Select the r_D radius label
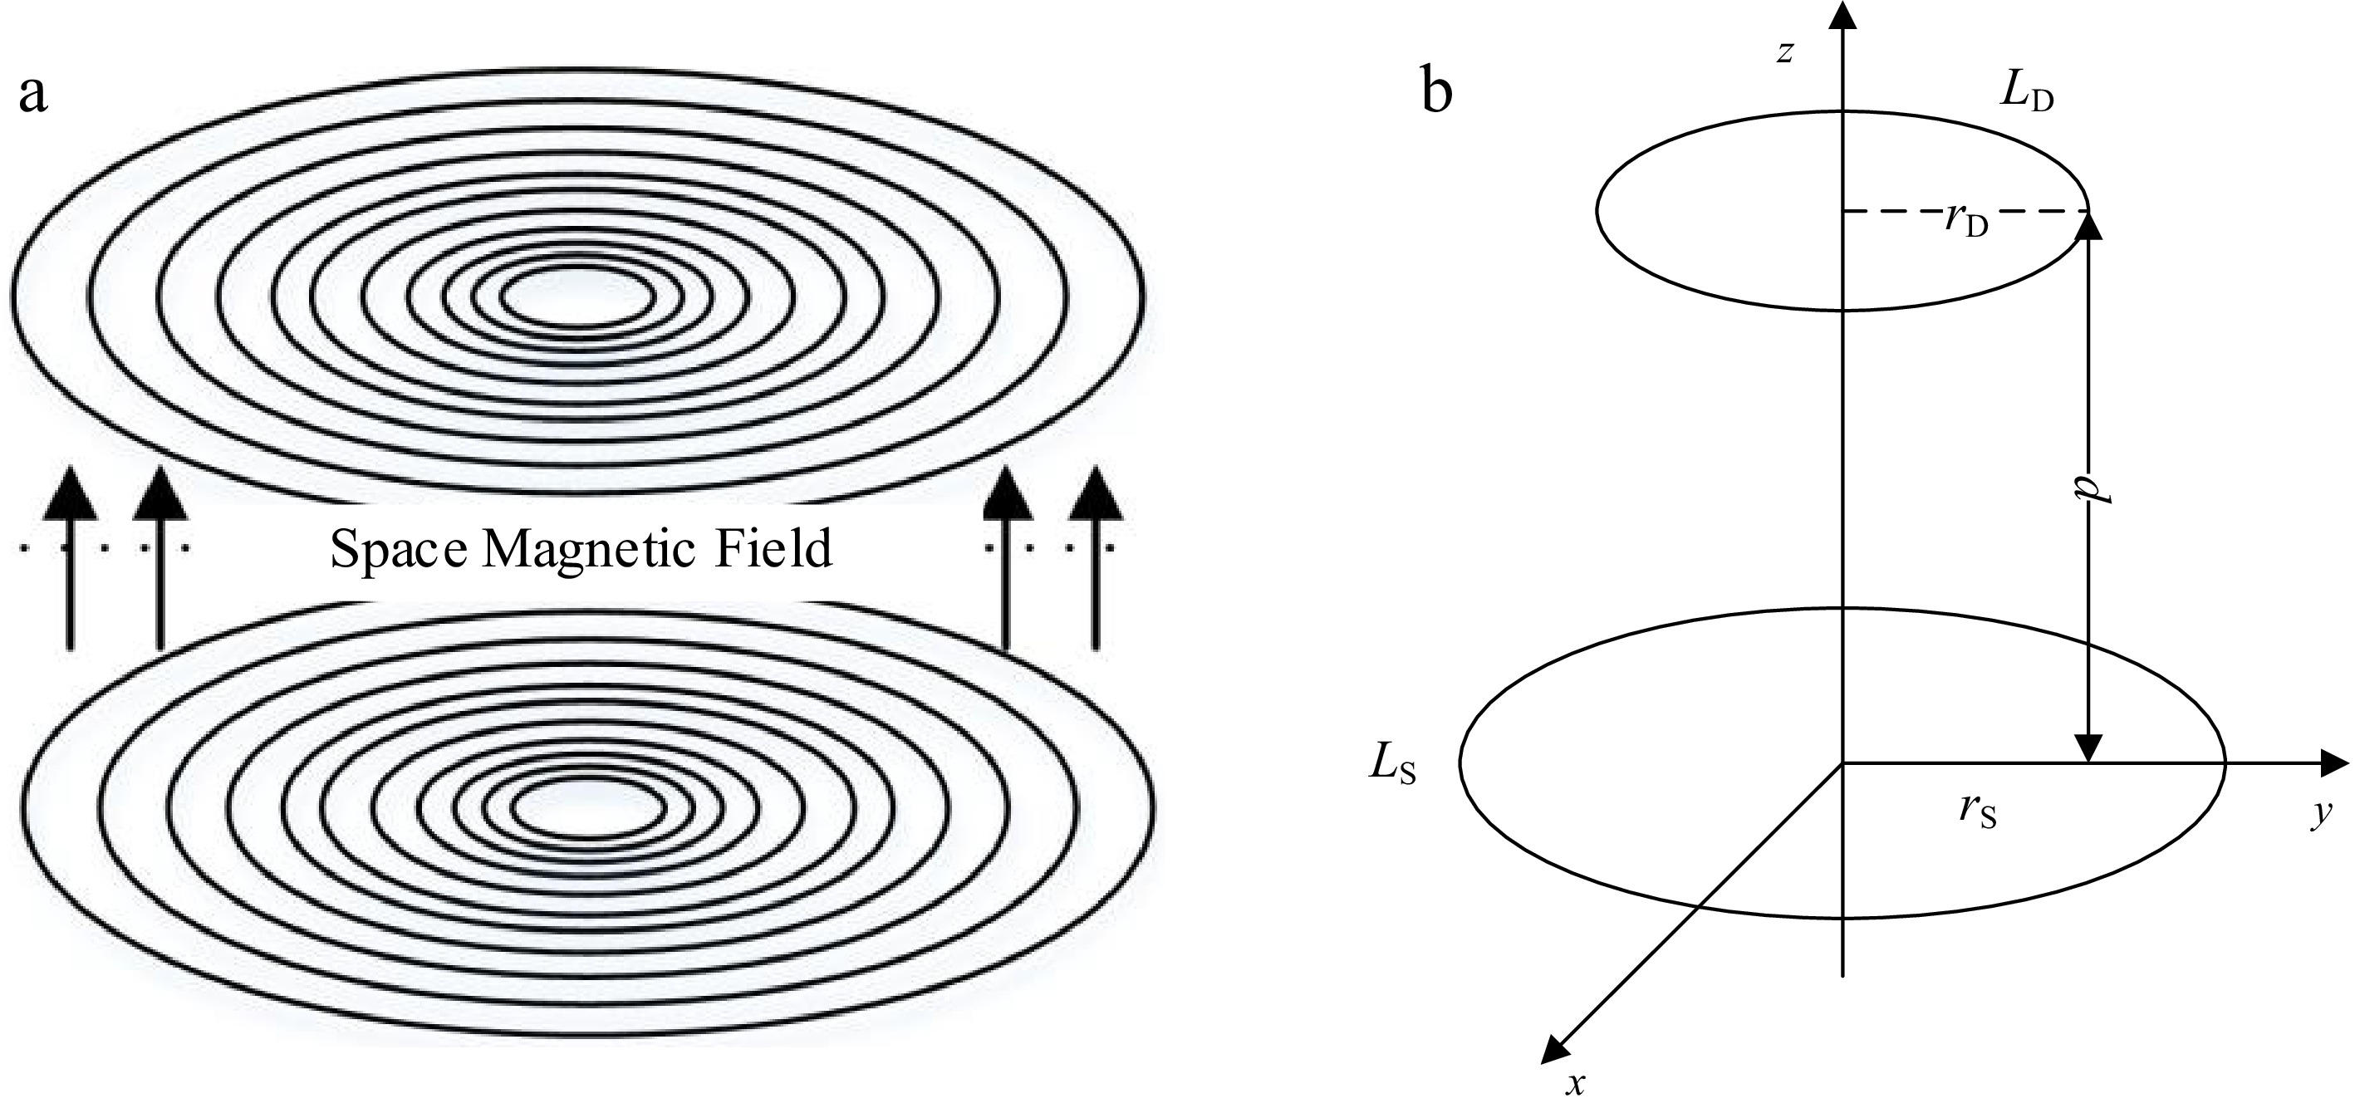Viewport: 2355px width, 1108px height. point(1965,222)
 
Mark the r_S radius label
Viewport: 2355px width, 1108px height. point(1977,811)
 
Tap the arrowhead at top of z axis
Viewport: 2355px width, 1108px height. point(1841,17)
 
